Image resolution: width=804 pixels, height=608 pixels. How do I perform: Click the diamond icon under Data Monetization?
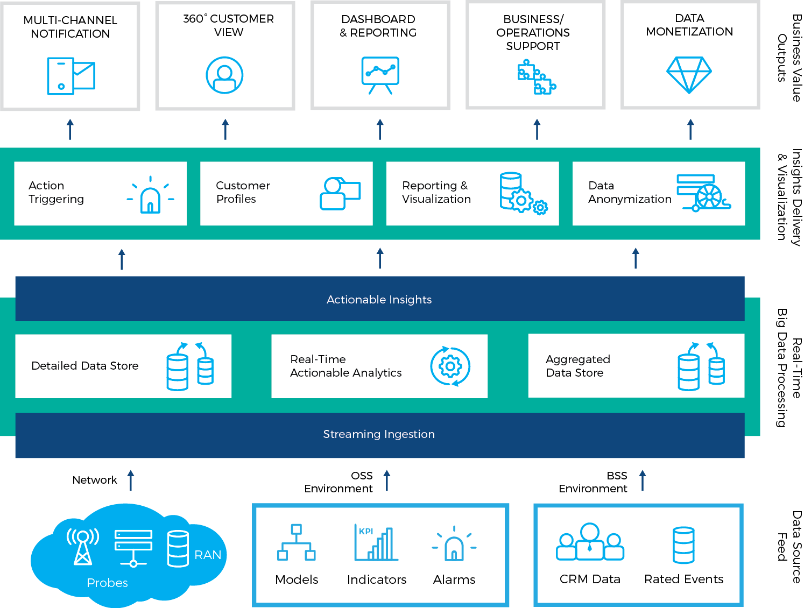point(689,74)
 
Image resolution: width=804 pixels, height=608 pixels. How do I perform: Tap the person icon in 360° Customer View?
point(224,75)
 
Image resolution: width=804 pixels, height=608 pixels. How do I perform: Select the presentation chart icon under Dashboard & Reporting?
point(380,74)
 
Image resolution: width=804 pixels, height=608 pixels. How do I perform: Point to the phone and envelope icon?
point(70,75)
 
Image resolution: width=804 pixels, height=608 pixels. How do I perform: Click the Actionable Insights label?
point(379,300)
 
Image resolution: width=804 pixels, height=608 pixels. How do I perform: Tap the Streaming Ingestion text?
point(379,434)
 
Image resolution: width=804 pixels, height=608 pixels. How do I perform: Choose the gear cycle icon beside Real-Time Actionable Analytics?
point(450,366)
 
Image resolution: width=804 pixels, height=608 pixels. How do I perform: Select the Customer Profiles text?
point(243,192)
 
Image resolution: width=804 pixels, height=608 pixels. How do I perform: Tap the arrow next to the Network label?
point(130,480)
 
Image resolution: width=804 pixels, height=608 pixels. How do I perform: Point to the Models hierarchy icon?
point(296,542)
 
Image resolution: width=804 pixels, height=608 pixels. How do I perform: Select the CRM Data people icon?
point(590,542)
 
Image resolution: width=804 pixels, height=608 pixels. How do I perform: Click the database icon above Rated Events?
point(683,545)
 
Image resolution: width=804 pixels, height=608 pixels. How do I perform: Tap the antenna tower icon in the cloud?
point(82,546)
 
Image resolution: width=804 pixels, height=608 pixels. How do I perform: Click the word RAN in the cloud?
point(208,555)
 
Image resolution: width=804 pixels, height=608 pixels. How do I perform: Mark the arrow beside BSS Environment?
point(642,480)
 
